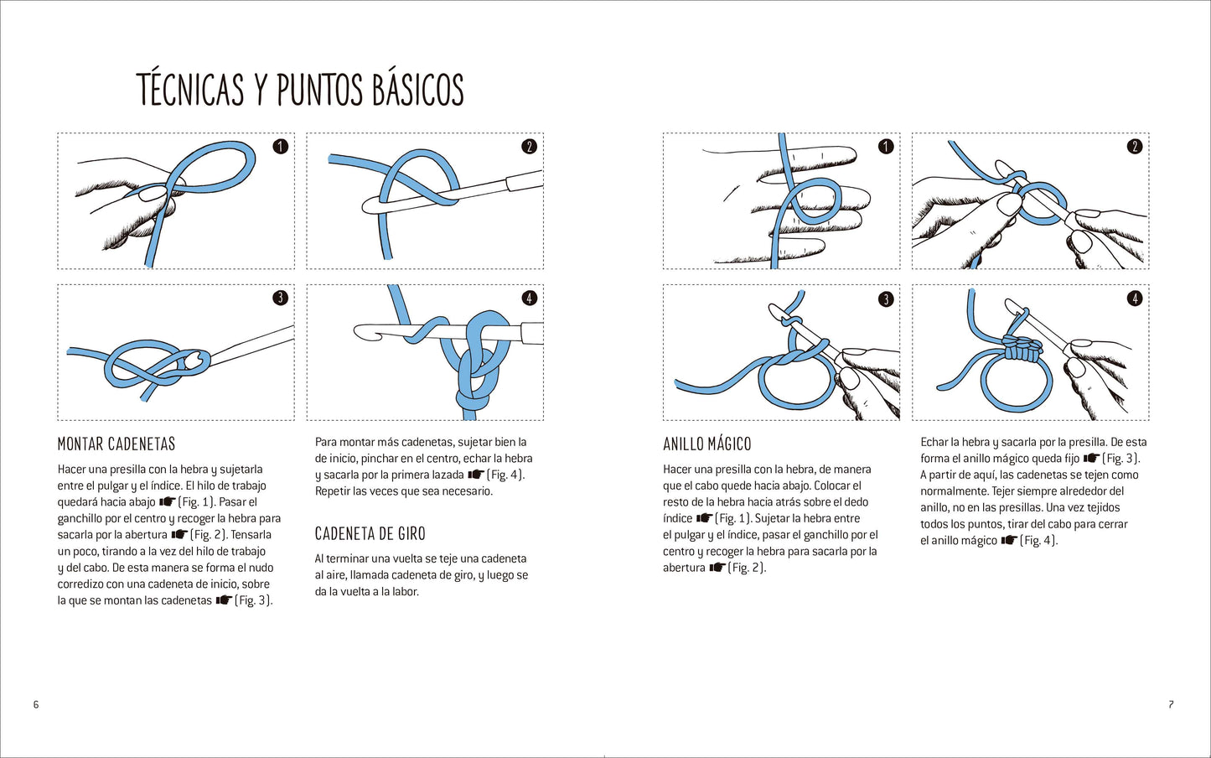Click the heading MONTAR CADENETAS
(116, 444)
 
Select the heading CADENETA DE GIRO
(370, 534)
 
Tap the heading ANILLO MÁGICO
(707, 444)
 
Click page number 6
(36, 704)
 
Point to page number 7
(1171, 704)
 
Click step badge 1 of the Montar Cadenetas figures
(280, 147)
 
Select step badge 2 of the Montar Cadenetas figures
(529, 147)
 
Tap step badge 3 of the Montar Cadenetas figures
(280, 299)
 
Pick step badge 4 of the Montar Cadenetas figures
(529, 299)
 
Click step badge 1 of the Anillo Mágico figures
(886, 147)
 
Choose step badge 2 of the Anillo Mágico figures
(1134, 147)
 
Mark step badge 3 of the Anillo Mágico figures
(886, 299)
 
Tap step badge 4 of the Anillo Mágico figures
(1134, 299)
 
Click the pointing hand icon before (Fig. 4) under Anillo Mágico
(1009, 541)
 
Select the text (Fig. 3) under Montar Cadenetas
(253, 600)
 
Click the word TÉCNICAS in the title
(190, 89)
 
